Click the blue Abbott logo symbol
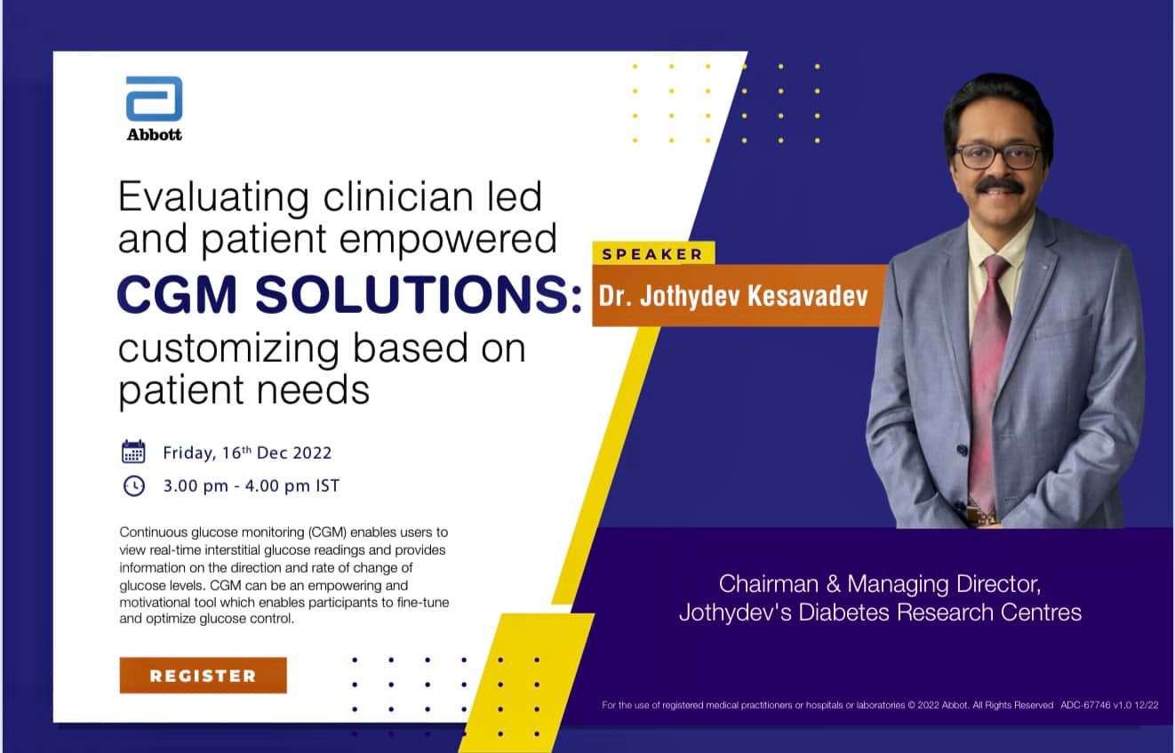pos(154,99)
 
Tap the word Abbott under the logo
pos(154,135)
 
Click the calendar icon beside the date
pos(133,452)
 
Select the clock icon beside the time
pos(133,485)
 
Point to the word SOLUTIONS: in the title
pos(418,296)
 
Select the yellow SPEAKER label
pos(652,254)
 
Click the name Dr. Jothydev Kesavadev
pos(733,295)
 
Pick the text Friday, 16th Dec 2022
pos(247,453)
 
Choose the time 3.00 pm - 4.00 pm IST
pos(251,486)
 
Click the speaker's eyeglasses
pos(997,156)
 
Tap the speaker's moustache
pos(999,184)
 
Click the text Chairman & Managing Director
pos(879,584)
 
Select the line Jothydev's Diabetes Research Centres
pos(880,612)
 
